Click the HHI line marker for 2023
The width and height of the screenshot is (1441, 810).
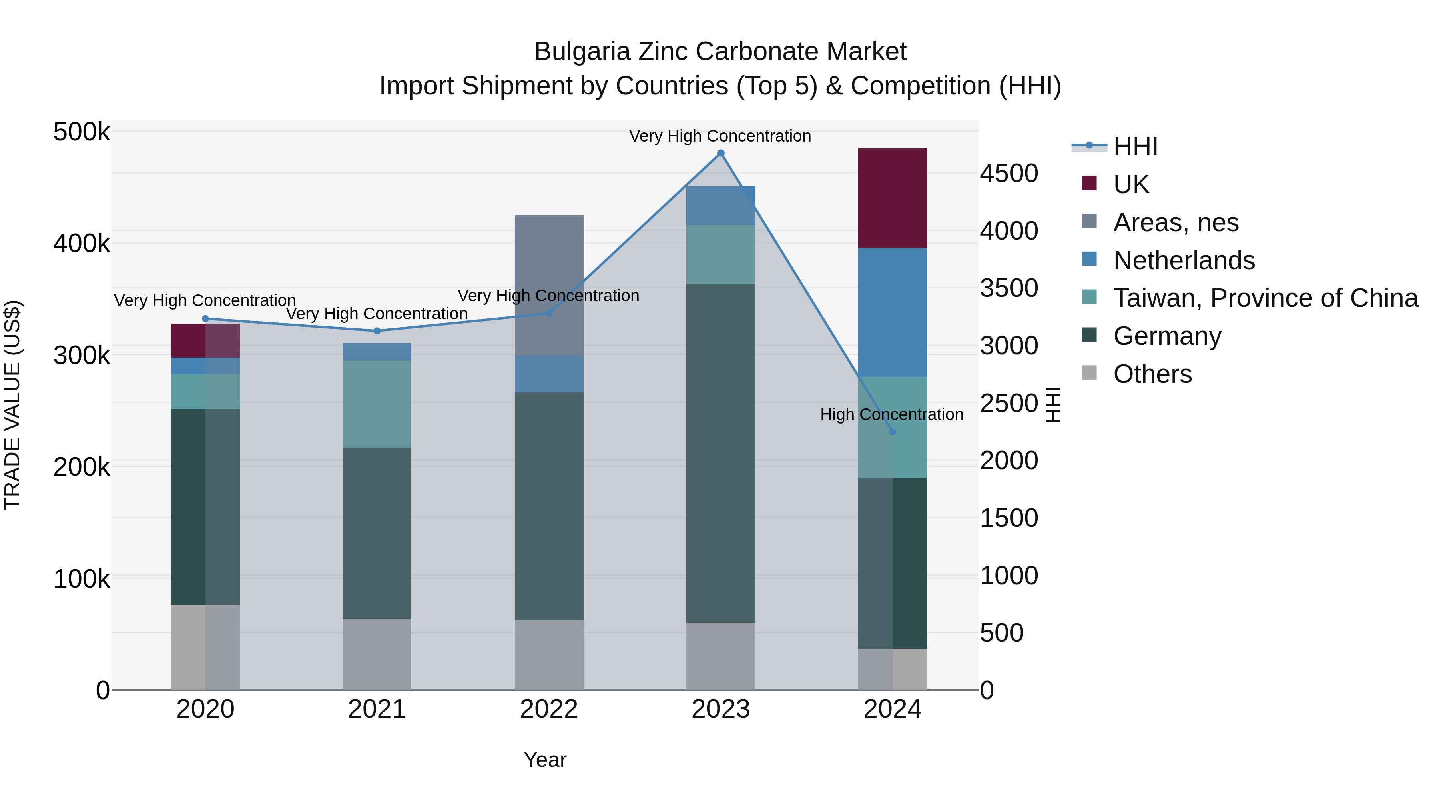pos(720,153)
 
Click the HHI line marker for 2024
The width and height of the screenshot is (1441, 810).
pos(892,432)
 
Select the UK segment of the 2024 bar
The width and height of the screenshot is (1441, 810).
pos(892,198)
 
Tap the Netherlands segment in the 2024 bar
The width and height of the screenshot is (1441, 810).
pos(892,312)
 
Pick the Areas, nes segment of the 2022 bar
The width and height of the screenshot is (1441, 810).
pos(549,285)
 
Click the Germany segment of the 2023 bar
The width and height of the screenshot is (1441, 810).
pos(720,453)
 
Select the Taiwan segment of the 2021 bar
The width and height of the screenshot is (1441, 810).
pos(377,404)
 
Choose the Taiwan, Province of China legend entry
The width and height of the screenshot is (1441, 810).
pos(1265,298)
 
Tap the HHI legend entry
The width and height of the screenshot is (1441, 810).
pos(1135,146)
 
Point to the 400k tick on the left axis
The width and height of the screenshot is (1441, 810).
pos(82,244)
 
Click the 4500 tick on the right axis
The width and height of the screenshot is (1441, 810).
pos(1009,173)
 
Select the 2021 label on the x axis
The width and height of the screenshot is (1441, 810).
pos(377,709)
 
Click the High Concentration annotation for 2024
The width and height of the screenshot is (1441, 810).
pos(892,414)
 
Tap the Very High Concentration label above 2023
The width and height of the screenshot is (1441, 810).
pos(720,136)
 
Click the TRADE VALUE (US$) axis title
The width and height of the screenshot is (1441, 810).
pos(12,405)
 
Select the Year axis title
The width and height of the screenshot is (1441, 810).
pos(545,760)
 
